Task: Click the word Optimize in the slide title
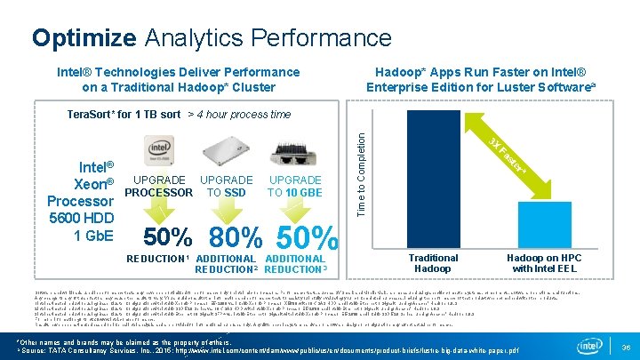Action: pos(84,38)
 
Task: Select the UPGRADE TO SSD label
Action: pos(227,187)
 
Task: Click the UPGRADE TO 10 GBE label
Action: pos(296,187)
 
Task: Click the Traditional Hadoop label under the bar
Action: pos(433,263)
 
